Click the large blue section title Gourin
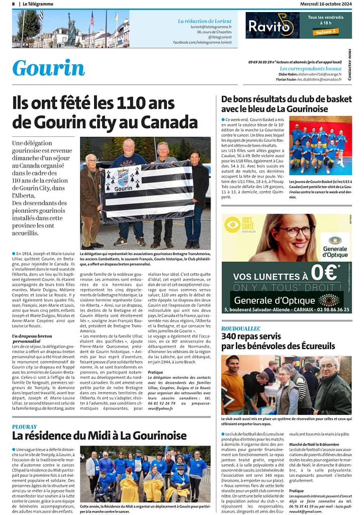48,68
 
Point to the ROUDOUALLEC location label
241,328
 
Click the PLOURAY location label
25,426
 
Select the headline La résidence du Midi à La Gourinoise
99,436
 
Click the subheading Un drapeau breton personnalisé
32,338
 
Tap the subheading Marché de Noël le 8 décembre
314,445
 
